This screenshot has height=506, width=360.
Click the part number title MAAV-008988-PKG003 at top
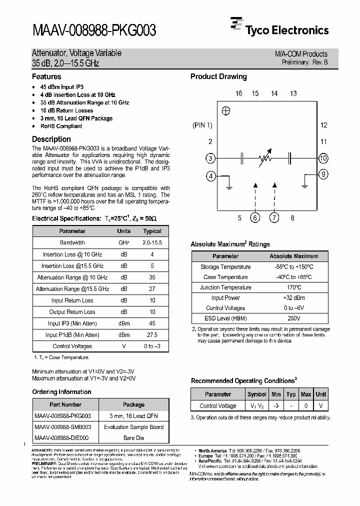[94, 31]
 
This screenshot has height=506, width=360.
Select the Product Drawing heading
[218, 76]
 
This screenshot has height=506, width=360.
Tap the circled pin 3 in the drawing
[211, 158]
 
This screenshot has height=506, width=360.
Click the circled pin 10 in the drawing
[323, 158]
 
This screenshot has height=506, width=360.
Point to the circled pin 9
[323, 174]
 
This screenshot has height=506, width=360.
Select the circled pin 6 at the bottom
[255, 217]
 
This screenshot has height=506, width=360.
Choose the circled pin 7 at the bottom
[274, 217]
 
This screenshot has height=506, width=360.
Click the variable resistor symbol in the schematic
[265, 158]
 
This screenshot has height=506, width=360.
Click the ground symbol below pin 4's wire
[228, 188]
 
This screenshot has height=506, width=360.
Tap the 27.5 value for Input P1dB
[152, 335]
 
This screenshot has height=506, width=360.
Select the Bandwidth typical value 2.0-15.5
[152, 242]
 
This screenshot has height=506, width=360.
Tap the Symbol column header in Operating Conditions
[257, 394]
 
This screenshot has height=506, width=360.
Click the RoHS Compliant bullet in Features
[61, 126]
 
